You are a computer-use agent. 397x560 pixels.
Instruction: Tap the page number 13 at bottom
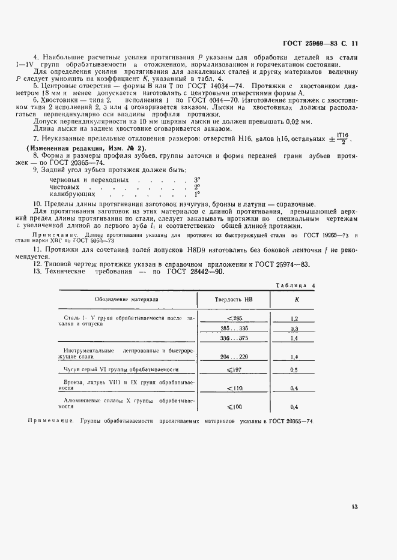click(x=355, y=507)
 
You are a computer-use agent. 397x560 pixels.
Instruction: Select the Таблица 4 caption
click(x=299, y=285)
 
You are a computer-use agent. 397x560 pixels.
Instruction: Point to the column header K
click(x=295, y=299)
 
